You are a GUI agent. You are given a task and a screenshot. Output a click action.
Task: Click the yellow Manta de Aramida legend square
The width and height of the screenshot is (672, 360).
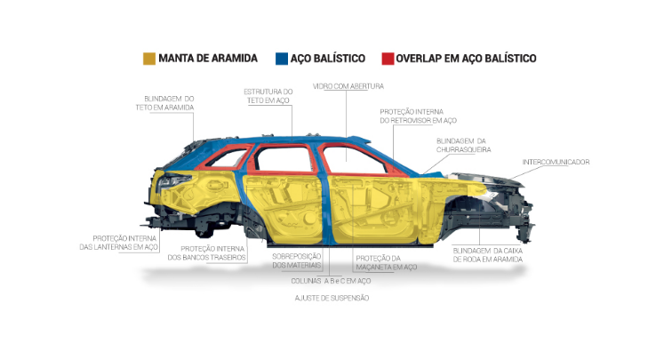point(150,59)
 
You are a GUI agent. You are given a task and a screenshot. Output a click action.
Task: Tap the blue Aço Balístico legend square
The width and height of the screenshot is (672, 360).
point(281,59)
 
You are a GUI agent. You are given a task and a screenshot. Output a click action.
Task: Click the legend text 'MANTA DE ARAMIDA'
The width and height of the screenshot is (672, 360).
point(209,59)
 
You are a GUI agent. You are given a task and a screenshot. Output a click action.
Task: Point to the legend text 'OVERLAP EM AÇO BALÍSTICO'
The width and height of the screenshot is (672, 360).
point(466,59)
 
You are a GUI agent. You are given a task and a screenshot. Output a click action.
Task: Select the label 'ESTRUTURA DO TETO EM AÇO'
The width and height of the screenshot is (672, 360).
point(268,96)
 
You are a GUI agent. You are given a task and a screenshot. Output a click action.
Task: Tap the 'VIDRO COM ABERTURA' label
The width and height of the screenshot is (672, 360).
point(348,85)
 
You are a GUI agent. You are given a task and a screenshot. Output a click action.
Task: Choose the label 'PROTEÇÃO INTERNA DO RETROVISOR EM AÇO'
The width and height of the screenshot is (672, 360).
point(418,116)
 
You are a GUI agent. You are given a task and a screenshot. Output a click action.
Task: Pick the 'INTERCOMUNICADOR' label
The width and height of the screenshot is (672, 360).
point(556,162)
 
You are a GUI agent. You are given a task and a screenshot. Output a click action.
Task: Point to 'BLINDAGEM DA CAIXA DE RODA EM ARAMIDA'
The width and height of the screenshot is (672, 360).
point(485,255)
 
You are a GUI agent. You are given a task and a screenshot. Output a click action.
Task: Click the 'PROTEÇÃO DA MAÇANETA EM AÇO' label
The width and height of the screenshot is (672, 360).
point(385,262)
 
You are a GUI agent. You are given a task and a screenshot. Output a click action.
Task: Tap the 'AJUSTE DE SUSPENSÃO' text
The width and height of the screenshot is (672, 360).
point(331,298)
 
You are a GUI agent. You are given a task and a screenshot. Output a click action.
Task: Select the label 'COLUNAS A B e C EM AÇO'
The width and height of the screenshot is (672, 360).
point(331,281)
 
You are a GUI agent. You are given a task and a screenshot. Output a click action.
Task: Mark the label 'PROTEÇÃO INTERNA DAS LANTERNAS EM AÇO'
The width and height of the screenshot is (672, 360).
point(125,243)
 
